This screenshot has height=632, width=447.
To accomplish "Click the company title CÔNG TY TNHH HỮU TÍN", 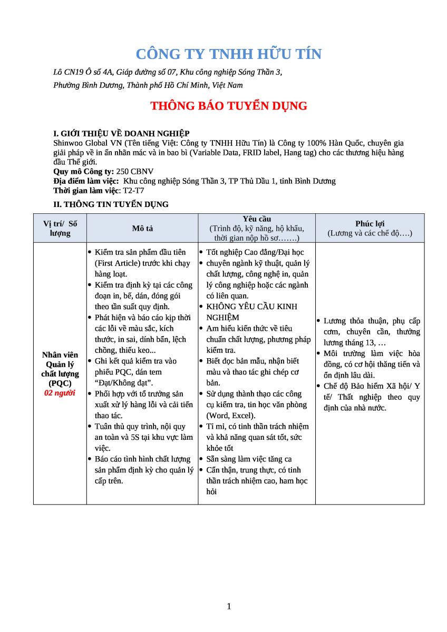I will point(228,54).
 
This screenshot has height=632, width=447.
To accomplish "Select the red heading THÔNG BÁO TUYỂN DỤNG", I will point(228,106).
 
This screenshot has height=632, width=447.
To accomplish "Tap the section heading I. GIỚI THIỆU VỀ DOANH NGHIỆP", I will point(121,134).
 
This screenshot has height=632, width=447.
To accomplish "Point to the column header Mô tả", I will point(142,228).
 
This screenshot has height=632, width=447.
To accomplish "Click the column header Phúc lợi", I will point(370,223).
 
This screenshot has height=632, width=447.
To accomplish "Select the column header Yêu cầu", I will point(257,219).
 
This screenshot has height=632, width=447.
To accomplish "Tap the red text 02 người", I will point(60,393).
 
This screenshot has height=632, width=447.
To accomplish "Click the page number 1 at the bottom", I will point(229,606).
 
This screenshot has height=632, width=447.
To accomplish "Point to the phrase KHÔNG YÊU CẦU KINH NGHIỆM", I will point(251,312).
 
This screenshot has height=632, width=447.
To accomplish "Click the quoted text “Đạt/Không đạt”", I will point(123,383).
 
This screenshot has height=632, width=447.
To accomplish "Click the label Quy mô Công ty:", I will point(84,171).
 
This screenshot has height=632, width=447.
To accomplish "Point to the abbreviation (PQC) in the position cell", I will point(60,383).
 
